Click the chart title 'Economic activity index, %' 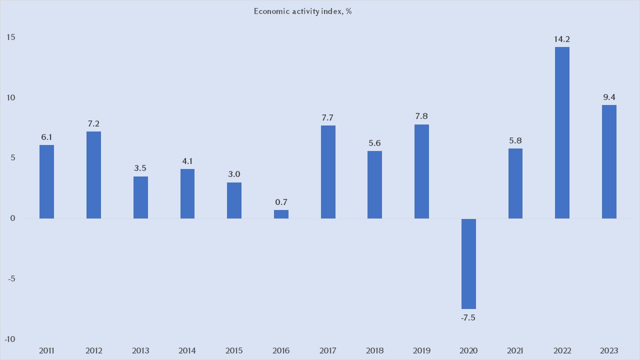[302, 11]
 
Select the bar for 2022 [562, 132]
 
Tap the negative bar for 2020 [468, 263]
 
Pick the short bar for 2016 [281, 214]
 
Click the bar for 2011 [46, 181]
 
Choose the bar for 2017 [328, 171]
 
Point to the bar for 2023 [609, 161]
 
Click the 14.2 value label [562, 39]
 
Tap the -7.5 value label [468, 317]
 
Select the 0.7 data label [281, 202]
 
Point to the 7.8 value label [421, 116]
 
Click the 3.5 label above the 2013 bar [140, 168]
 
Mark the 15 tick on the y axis [11, 37]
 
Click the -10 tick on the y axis [9, 339]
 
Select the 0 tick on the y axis [13, 218]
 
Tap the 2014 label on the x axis [187, 350]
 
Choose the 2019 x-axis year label [421, 350]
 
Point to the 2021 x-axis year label [515, 350]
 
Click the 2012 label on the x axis [93, 350]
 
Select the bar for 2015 [234, 200]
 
